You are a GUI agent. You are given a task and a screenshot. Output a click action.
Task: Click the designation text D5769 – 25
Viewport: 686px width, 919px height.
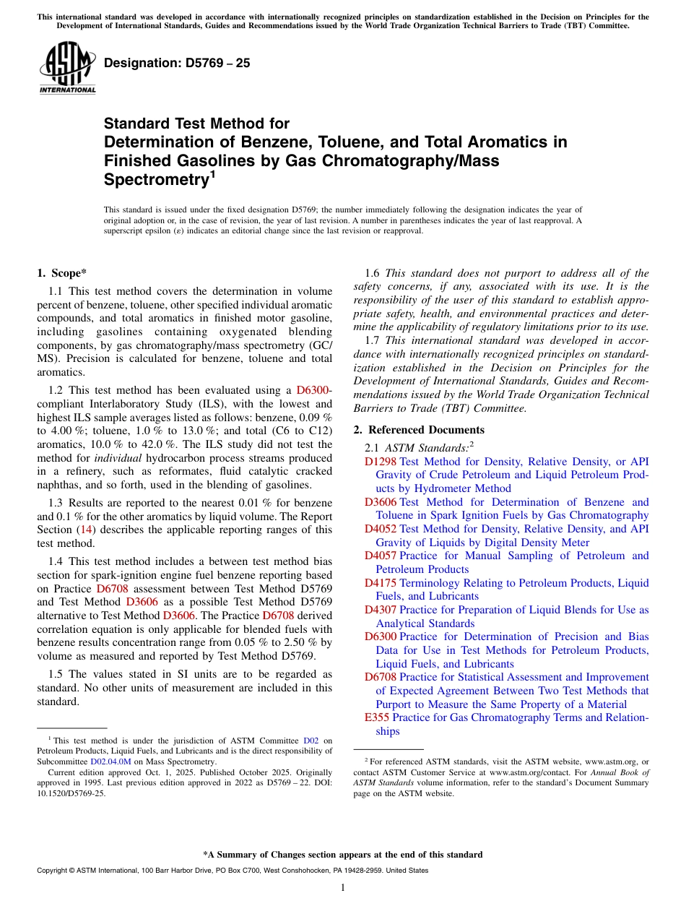click(x=177, y=63)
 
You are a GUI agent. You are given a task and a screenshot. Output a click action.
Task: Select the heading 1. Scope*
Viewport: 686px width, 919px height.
click(x=61, y=273)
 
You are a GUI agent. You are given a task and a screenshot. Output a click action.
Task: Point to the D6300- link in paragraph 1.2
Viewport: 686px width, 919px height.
click(x=314, y=390)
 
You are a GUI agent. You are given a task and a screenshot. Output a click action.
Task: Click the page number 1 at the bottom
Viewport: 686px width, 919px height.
click(x=343, y=887)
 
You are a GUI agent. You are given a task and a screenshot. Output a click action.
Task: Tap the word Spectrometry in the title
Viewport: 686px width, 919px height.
click(x=155, y=180)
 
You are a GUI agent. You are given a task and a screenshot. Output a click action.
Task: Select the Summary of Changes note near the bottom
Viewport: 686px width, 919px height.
click(x=343, y=855)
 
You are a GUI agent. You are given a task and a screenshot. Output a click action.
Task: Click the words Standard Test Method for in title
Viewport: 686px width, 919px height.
click(x=196, y=124)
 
